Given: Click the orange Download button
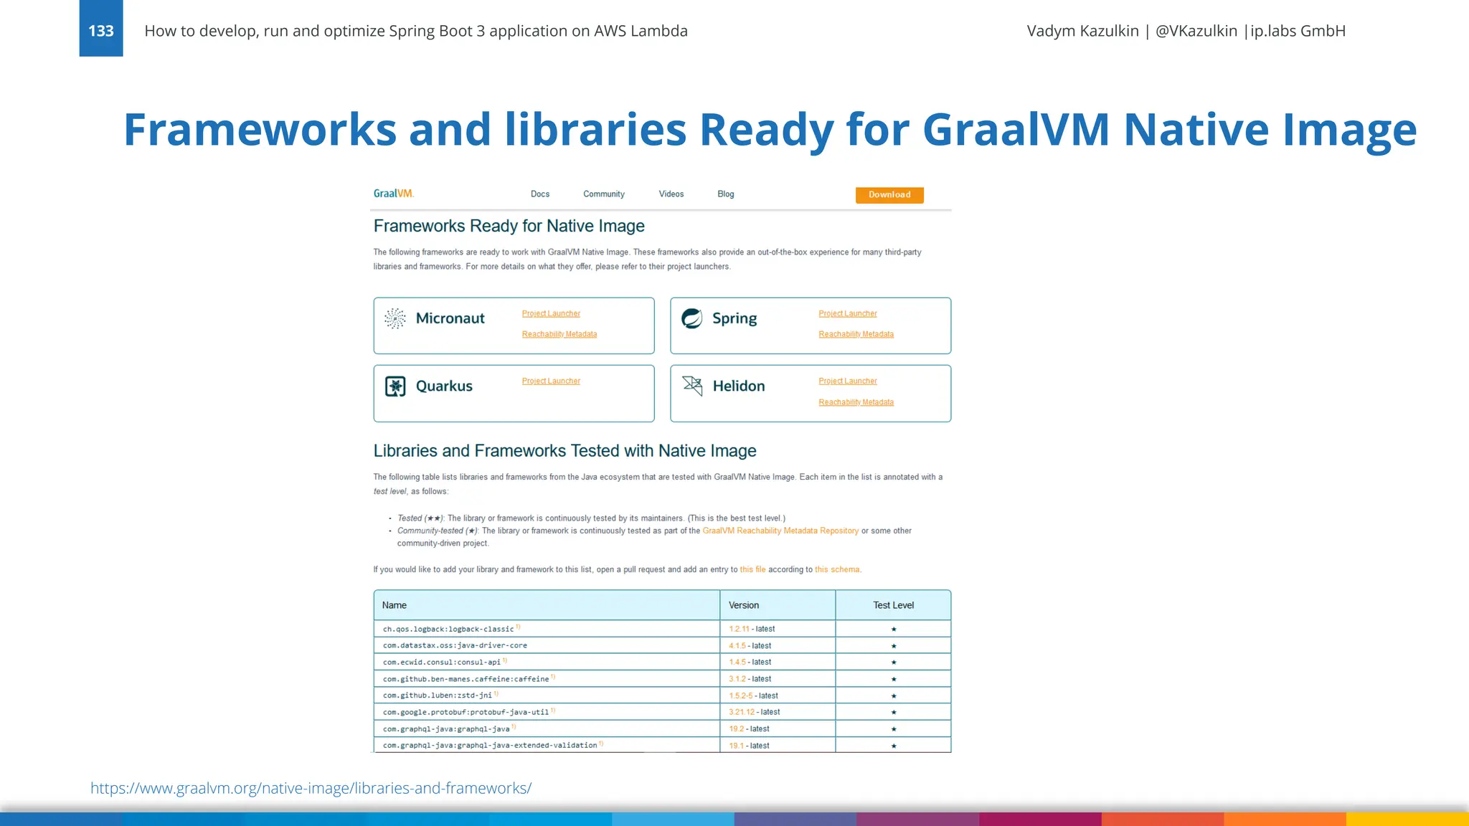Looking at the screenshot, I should (x=889, y=195).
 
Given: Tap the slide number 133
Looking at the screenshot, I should (x=101, y=31).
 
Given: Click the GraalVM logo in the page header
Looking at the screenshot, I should (x=394, y=194).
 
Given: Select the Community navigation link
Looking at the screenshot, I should (x=604, y=194).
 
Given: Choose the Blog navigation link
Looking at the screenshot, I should (x=726, y=194).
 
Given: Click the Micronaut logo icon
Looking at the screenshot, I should (x=395, y=318).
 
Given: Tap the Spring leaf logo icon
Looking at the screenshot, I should (x=692, y=318).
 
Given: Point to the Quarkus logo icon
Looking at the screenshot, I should (x=395, y=386).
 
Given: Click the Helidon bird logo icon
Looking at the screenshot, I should (x=692, y=386).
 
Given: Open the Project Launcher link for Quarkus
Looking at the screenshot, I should (x=551, y=381).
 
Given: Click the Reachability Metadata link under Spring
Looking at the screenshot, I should (x=856, y=334).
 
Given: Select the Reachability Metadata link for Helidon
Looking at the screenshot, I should (x=856, y=402).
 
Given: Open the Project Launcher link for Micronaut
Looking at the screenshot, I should (x=551, y=314).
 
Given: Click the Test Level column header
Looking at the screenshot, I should (x=893, y=605).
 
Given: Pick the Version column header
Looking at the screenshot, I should (x=744, y=605).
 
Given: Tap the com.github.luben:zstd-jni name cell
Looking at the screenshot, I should (x=438, y=696).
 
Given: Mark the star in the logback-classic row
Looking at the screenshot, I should (x=894, y=630).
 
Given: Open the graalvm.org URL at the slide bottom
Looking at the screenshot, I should (x=311, y=788).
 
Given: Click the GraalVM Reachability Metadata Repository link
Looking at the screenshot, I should (x=780, y=531).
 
